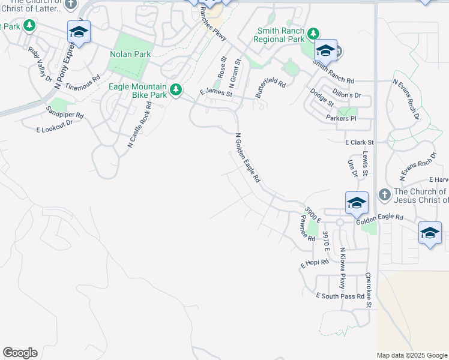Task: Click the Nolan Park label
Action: click(x=130, y=54)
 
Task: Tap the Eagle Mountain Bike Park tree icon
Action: click(x=175, y=90)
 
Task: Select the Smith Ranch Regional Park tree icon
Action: click(x=312, y=33)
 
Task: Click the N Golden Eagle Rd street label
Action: click(x=248, y=158)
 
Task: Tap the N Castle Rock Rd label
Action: click(x=139, y=125)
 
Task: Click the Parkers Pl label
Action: click(x=341, y=118)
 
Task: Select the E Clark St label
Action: click(x=360, y=143)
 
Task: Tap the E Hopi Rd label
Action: click(x=315, y=263)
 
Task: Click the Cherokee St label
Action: click(x=369, y=290)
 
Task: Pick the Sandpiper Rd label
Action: click(x=65, y=112)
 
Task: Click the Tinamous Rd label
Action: click(x=82, y=83)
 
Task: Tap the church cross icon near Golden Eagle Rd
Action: click(x=385, y=194)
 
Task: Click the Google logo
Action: click(x=20, y=353)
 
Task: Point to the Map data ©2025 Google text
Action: click(x=412, y=355)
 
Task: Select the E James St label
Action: click(x=215, y=91)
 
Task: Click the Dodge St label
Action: click(x=322, y=97)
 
